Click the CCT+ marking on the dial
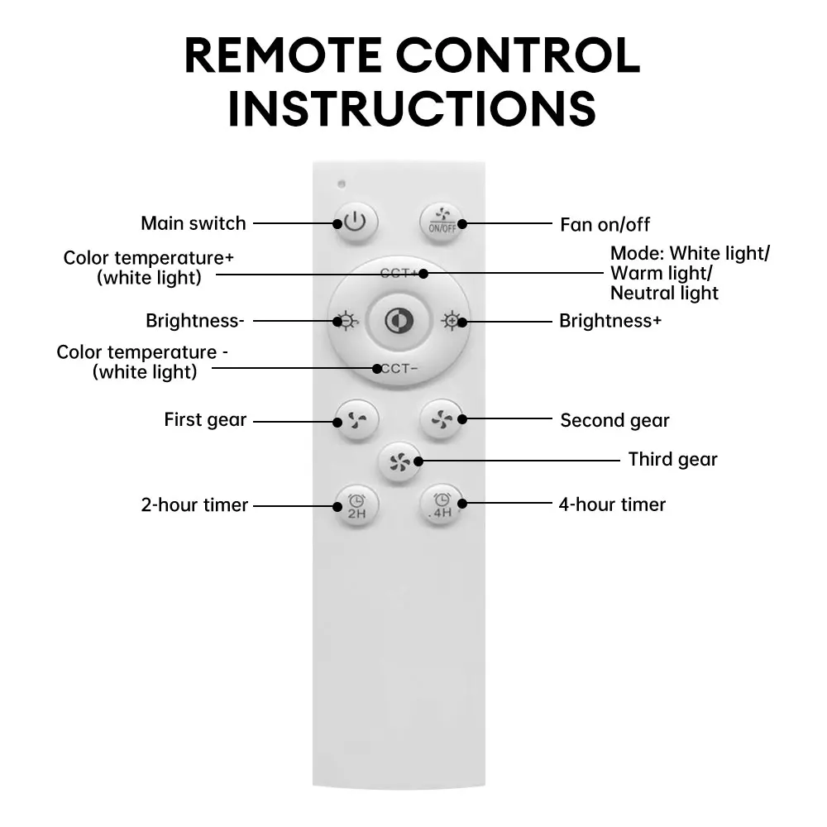click(400, 273)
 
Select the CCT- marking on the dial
click(397, 368)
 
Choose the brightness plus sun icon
click(452, 321)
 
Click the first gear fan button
click(356, 421)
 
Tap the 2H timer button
click(356, 505)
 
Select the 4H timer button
click(442, 504)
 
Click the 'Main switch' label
click(194, 223)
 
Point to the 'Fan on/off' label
click(605, 224)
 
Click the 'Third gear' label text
click(672, 459)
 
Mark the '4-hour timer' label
click(612, 504)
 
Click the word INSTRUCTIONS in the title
click(412, 108)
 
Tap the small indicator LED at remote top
click(342, 184)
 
